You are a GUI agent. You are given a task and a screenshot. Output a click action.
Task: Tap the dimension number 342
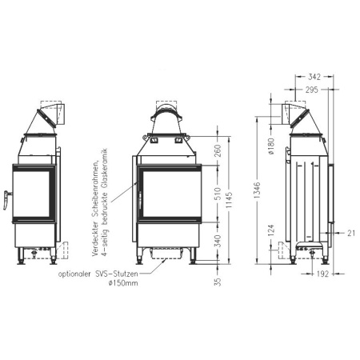point(314,76)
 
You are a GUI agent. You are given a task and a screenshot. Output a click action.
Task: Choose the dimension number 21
point(350,233)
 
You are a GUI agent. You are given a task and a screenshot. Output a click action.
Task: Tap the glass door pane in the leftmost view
point(32,194)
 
